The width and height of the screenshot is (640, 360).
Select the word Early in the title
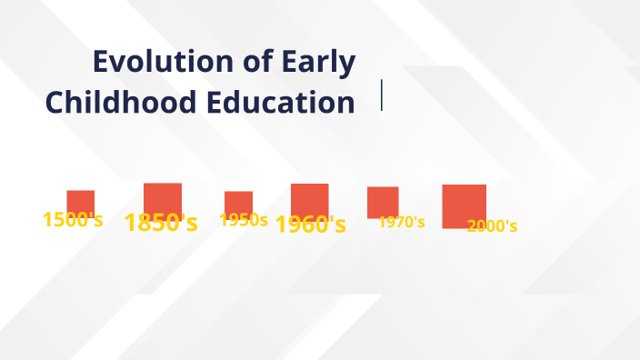click(x=319, y=64)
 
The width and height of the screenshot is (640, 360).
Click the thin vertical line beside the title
click(x=382, y=95)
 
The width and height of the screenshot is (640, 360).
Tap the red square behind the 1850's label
click(x=163, y=196)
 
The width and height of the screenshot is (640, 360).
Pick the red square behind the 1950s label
click(x=239, y=201)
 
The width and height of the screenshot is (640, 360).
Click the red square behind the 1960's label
click(x=310, y=197)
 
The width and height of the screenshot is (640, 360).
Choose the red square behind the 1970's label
click(x=383, y=200)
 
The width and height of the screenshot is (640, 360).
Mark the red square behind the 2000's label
click(x=464, y=205)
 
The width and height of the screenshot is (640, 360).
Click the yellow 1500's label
click(x=73, y=219)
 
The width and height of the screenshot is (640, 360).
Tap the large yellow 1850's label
click(x=161, y=223)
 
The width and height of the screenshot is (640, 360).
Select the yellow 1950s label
click(x=244, y=220)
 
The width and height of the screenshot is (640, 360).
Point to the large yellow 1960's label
click(x=310, y=225)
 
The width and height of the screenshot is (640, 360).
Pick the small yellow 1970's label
click(x=402, y=222)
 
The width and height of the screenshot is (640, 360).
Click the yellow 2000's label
click(x=492, y=226)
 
